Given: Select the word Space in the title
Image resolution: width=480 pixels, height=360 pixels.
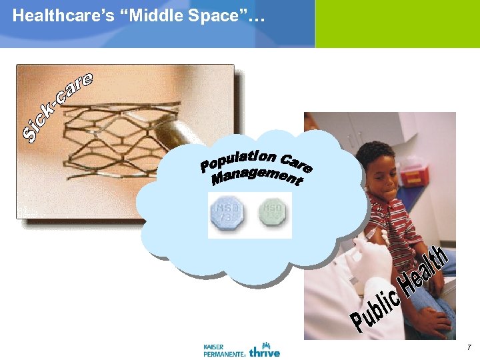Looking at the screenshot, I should (x=211, y=16).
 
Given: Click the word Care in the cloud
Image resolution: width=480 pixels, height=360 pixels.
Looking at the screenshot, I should (x=297, y=163).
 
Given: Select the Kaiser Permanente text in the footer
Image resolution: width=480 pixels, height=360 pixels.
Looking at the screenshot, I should (x=223, y=350).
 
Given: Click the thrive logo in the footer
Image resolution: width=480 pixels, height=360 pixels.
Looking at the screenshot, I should (x=265, y=349).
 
